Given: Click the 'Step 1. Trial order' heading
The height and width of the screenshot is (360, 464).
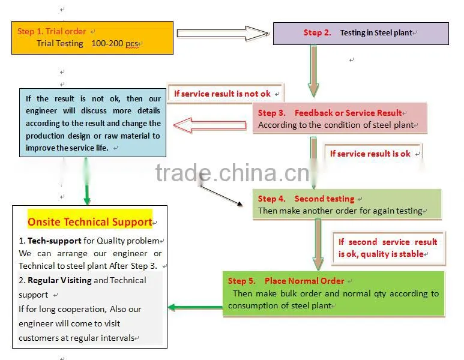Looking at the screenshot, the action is [x=52, y=31].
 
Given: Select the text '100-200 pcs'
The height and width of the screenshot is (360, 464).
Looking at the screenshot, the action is [x=115, y=43].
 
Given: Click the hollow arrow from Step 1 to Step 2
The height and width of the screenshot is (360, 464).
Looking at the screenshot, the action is [x=223, y=33].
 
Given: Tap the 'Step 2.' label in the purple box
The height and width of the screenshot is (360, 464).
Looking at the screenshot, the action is [x=317, y=32].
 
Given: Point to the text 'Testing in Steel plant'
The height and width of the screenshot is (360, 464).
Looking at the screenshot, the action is [x=376, y=32].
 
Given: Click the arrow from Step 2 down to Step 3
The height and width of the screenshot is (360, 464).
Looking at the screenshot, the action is [x=313, y=71].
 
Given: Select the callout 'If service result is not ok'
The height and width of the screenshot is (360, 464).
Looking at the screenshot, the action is [x=222, y=94].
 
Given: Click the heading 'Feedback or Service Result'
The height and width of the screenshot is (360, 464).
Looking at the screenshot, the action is [x=348, y=113].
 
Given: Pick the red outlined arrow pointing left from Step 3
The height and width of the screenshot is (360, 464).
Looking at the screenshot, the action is [x=210, y=125].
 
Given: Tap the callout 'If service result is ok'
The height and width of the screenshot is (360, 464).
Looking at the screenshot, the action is [x=370, y=154].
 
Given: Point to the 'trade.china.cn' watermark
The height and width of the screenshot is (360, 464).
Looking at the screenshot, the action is [x=232, y=173].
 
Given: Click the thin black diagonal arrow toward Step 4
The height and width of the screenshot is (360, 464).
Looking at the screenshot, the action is [x=221, y=195].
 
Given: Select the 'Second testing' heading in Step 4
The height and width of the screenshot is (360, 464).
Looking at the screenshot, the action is [x=324, y=199].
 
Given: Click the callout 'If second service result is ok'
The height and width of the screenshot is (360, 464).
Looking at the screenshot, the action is [x=388, y=248].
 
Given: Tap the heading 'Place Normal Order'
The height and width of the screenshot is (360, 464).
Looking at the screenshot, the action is [x=304, y=281].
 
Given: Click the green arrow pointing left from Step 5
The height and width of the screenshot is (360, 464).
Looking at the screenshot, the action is [x=195, y=307].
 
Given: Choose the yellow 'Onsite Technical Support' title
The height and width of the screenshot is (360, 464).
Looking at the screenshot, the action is [x=89, y=222].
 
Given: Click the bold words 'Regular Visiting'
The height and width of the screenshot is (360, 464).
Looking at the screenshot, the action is [x=59, y=280].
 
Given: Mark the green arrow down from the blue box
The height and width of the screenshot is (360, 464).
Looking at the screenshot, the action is [x=86, y=181].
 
